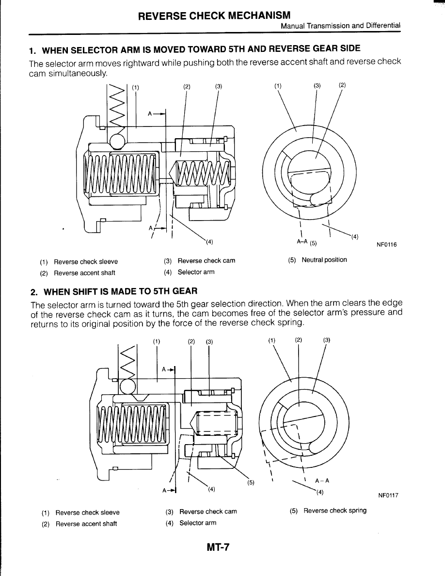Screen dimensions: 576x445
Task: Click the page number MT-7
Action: (218, 547)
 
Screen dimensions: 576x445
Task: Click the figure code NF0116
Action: (386, 244)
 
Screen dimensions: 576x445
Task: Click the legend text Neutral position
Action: (324, 260)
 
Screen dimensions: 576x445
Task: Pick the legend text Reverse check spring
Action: (335, 511)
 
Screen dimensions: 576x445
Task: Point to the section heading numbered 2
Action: (113, 291)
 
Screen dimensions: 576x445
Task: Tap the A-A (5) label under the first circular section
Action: (306, 242)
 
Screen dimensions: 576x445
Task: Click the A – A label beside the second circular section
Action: (322, 481)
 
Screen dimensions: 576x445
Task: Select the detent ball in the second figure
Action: (127, 386)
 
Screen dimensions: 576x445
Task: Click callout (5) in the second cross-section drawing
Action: (251, 482)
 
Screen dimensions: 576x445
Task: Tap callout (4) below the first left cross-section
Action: (209, 241)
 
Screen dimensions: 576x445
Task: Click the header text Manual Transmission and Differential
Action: (341, 26)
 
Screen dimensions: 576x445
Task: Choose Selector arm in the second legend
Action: (198, 523)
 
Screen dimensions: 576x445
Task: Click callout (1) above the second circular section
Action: (271, 340)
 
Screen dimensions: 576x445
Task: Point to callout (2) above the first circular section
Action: (342, 85)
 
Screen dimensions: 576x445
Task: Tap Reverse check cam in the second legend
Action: (208, 512)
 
